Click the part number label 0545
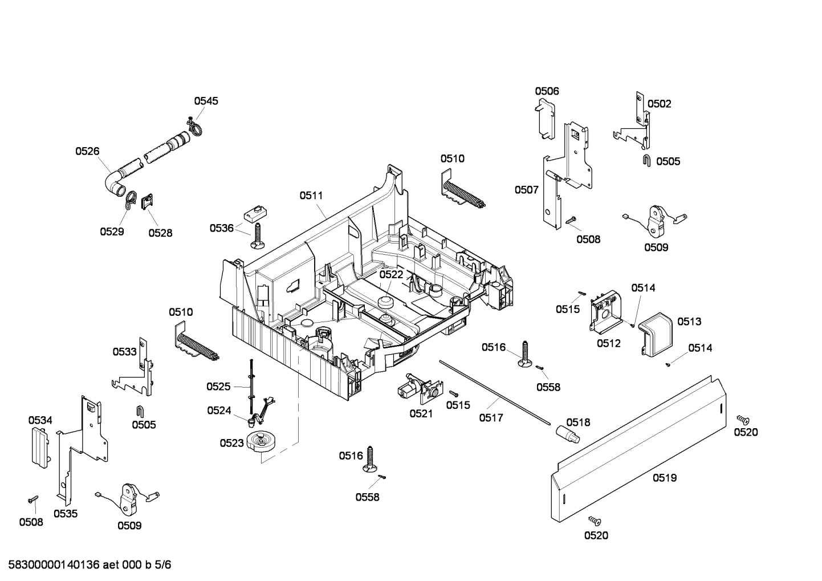point(206,101)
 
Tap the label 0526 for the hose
point(87,151)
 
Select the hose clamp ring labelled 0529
point(129,200)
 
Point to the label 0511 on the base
point(311,195)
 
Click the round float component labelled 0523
point(261,442)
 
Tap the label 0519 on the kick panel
point(665,478)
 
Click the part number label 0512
point(608,343)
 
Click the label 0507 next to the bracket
point(526,190)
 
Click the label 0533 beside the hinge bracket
point(124,352)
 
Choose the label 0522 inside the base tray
point(391,274)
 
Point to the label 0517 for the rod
point(491,418)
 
